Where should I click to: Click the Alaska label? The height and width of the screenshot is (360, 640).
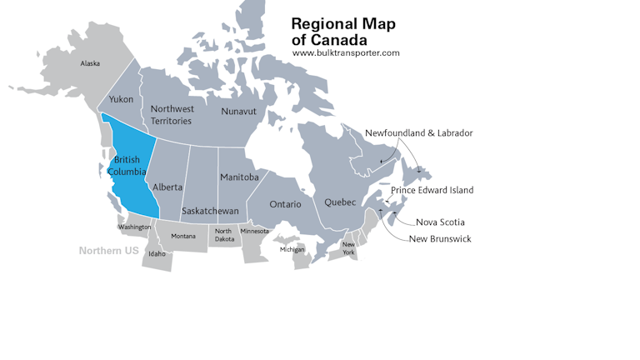[x=89, y=63]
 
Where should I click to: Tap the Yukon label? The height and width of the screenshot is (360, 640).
[x=121, y=99]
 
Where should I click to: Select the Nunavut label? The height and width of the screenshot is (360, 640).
[x=238, y=111]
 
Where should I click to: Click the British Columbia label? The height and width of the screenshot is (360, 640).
[x=127, y=166]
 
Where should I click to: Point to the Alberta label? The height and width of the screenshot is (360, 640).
[x=167, y=187]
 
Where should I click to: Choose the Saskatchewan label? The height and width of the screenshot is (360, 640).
[x=210, y=211]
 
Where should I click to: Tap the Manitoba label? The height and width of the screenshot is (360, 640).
[x=239, y=177]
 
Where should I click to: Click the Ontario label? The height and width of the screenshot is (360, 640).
[x=285, y=204]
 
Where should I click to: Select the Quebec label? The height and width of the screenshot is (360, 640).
[x=340, y=202]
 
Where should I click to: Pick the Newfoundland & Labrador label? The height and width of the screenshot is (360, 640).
[x=418, y=133]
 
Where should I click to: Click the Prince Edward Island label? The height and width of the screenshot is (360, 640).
[x=432, y=190]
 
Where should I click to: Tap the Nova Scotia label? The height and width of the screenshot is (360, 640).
[x=440, y=222]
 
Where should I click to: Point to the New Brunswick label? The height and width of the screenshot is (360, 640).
[x=439, y=239]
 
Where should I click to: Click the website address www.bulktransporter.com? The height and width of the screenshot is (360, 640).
[x=346, y=53]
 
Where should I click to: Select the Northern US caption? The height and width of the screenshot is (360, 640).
[x=108, y=251]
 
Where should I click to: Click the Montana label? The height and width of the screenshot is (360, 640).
[x=183, y=237]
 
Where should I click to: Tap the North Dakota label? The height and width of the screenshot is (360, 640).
[x=223, y=235]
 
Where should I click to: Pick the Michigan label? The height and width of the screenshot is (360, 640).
[x=292, y=249]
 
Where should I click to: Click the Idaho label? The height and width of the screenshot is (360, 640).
[x=157, y=254]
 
